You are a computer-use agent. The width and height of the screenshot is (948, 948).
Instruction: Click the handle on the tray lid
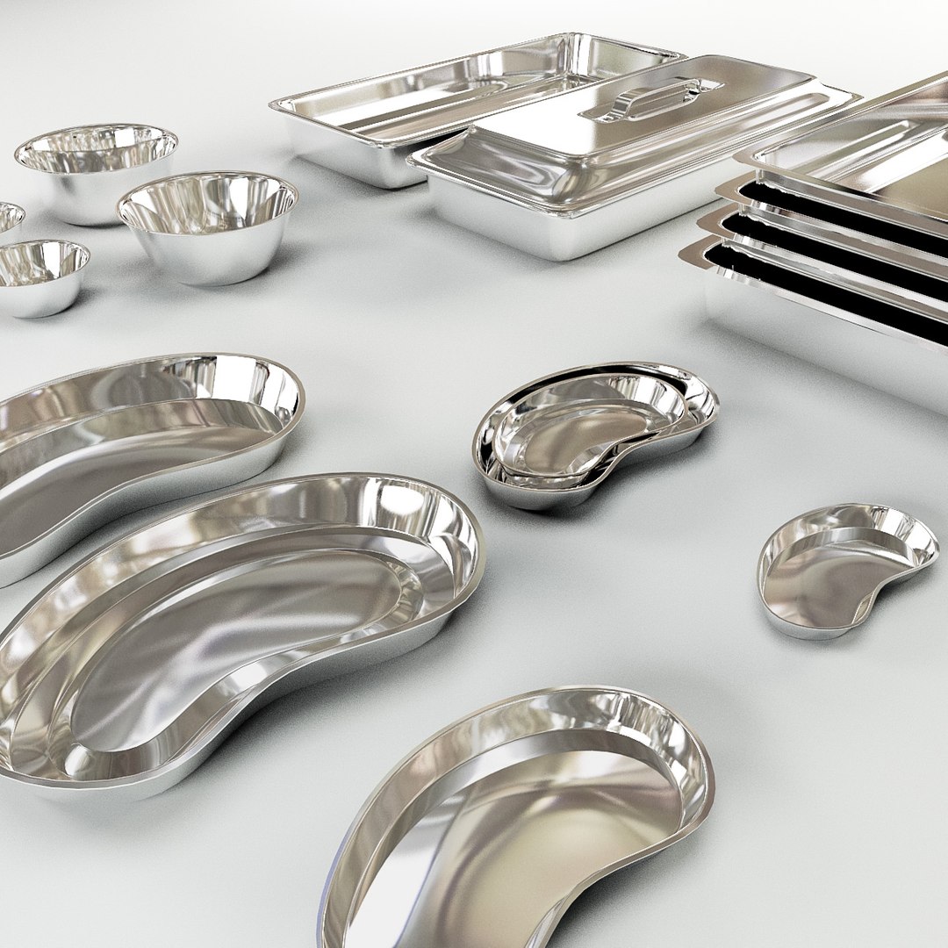tap(654, 98)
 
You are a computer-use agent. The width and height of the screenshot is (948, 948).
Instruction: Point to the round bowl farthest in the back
tap(97, 167)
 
